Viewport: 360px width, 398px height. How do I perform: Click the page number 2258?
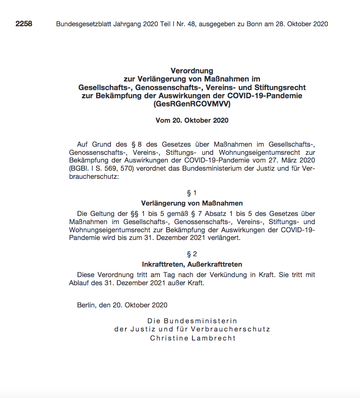(24, 24)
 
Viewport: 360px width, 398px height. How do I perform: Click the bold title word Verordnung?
(192, 71)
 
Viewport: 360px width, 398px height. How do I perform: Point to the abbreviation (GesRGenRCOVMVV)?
(192, 104)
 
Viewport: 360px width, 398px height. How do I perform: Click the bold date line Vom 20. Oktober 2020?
(192, 120)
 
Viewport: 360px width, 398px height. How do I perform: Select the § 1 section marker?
(192, 193)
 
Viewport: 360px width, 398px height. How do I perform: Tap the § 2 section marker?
(192, 254)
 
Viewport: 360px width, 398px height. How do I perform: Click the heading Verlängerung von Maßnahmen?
(192, 203)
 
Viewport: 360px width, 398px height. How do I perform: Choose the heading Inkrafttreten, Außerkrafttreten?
(192, 264)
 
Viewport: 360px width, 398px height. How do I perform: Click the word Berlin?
(86, 305)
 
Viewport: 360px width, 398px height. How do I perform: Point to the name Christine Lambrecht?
(193, 338)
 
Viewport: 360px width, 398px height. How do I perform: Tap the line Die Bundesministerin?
(192, 321)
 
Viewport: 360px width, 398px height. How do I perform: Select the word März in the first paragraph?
(283, 160)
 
